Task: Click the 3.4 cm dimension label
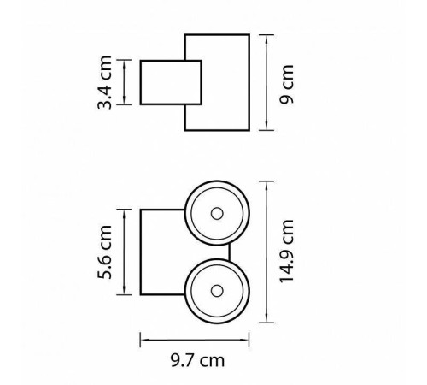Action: click(106, 82)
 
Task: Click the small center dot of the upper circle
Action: click(217, 213)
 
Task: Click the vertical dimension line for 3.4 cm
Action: click(125, 82)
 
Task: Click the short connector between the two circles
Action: click(231, 251)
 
